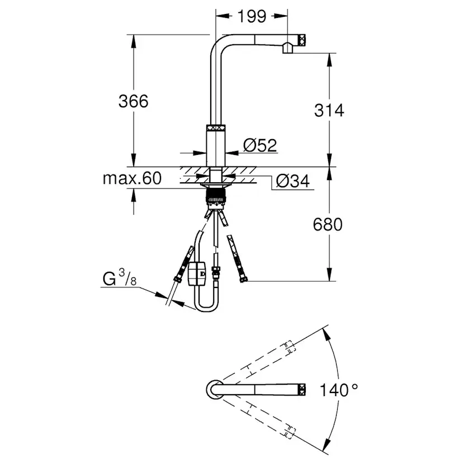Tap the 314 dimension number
pos(328,110)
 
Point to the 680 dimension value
pos(328,224)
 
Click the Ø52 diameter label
pos(260,145)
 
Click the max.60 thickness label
pos(132,179)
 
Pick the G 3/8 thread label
pos(119,278)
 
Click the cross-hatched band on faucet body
pos(217,127)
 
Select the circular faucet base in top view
pos(213,389)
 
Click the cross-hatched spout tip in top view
pos(303,389)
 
